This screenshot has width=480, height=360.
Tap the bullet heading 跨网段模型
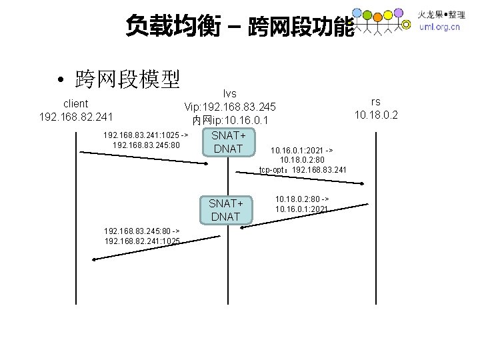(x=127, y=80)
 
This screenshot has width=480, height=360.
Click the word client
(x=75, y=103)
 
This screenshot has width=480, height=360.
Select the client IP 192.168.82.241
(x=75, y=117)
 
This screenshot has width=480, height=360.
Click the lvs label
(x=230, y=93)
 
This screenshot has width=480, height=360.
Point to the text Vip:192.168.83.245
(x=230, y=107)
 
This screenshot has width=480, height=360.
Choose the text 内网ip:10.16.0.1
(x=230, y=121)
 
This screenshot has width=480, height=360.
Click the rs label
(x=376, y=101)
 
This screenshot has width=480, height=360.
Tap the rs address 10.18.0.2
(x=376, y=115)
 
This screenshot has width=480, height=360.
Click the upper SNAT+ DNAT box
(x=228, y=141)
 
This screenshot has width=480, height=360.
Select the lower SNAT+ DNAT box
(x=225, y=209)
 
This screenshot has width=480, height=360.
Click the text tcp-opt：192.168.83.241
(x=303, y=170)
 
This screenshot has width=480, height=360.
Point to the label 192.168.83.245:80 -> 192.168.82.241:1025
(x=142, y=235)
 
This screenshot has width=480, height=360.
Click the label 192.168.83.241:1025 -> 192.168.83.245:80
(x=146, y=139)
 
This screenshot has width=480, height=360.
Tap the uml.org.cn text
(x=439, y=27)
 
